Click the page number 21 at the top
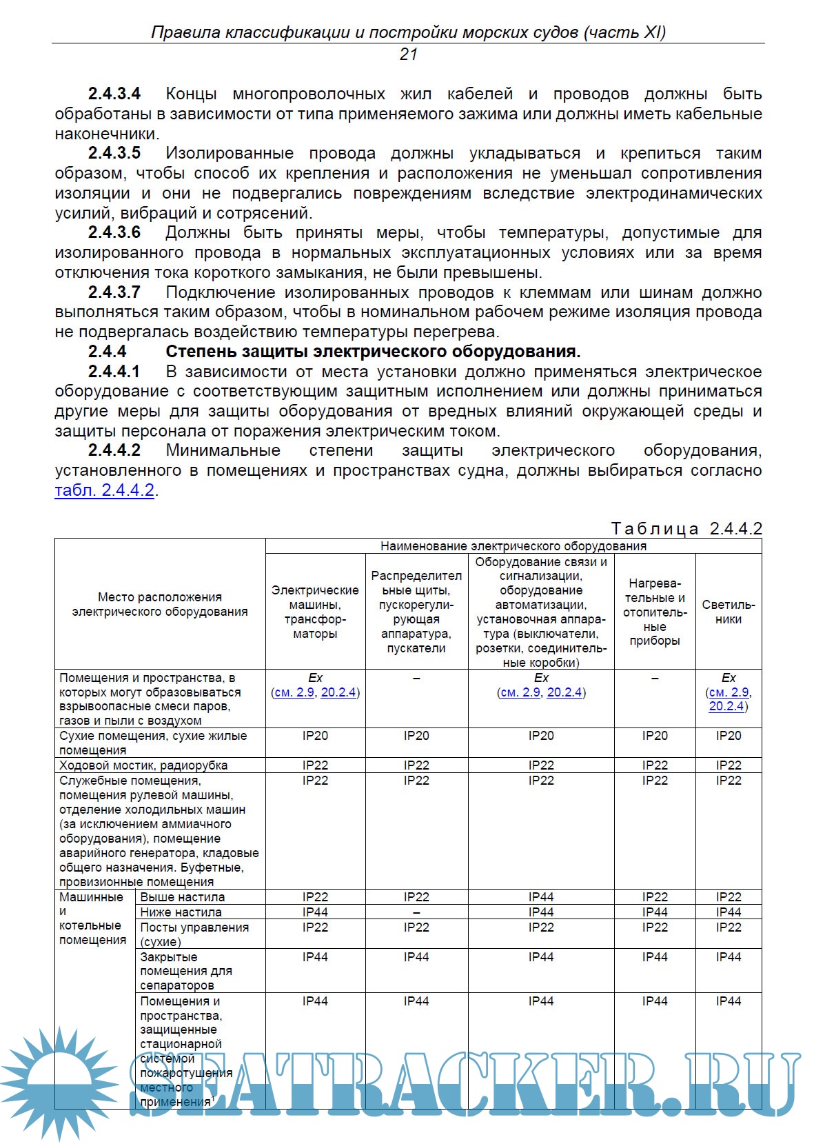tap(408, 54)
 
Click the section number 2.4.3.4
tap(114, 94)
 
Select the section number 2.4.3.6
tap(114, 232)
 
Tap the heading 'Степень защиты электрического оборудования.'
tap(373, 352)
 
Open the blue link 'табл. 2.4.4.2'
tap(105, 491)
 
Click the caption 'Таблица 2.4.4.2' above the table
tap(686, 529)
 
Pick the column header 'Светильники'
tap(729, 612)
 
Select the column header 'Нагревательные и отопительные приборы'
tap(655, 612)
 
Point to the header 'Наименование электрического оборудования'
tap(513, 546)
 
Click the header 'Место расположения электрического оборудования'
tap(160, 604)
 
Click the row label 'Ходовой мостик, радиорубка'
tap(143, 765)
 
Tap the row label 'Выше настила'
tap(183, 897)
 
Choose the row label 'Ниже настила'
tap(181, 912)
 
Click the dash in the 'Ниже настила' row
tap(416, 912)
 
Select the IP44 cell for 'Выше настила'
tap(541, 897)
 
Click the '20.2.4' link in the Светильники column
tap(726, 706)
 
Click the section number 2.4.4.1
tap(114, 372)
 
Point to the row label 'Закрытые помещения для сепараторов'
tap(186, 971)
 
